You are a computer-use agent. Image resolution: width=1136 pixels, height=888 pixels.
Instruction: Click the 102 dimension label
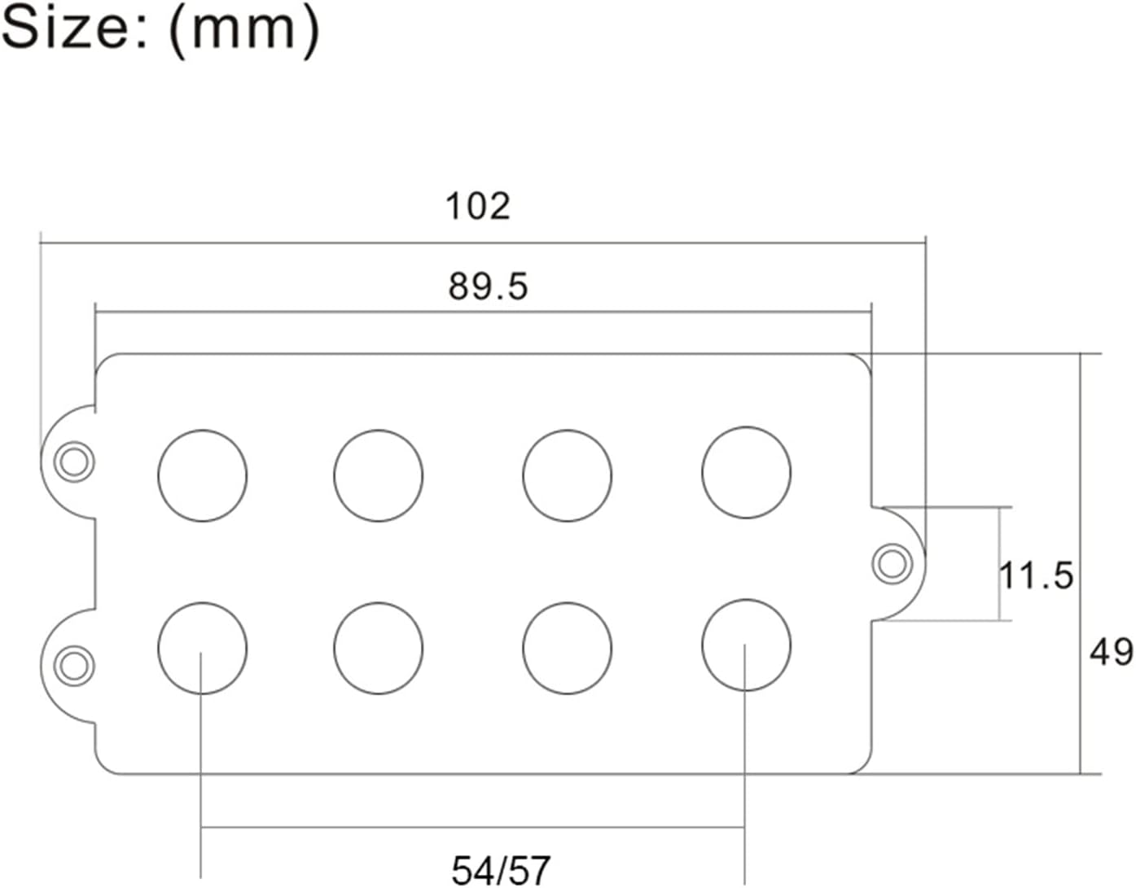point(478,206)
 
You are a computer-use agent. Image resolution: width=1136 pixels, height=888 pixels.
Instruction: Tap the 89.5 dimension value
point(488,287)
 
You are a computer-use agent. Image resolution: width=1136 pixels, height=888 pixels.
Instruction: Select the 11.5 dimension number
point(1036,575)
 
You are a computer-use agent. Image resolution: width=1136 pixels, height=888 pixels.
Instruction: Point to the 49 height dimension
point(1111,652)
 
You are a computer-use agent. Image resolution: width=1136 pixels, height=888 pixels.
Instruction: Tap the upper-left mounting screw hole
point(74,461)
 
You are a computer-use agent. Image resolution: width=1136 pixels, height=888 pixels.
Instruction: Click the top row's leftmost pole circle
point(202,475)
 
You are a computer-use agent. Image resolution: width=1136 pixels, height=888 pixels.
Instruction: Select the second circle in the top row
point(378,475)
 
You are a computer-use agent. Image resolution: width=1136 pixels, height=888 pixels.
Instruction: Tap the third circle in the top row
point(567,475)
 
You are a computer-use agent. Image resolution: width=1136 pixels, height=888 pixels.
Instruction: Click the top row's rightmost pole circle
point(746,472)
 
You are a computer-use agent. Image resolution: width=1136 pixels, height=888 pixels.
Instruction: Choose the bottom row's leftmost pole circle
point(202,648)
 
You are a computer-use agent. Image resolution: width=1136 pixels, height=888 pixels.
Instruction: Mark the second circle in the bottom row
point(378,648)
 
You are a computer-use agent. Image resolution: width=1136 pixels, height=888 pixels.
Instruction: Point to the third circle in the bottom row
point(567,648)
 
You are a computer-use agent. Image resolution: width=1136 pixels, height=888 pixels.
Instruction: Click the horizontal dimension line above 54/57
point(472,828)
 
